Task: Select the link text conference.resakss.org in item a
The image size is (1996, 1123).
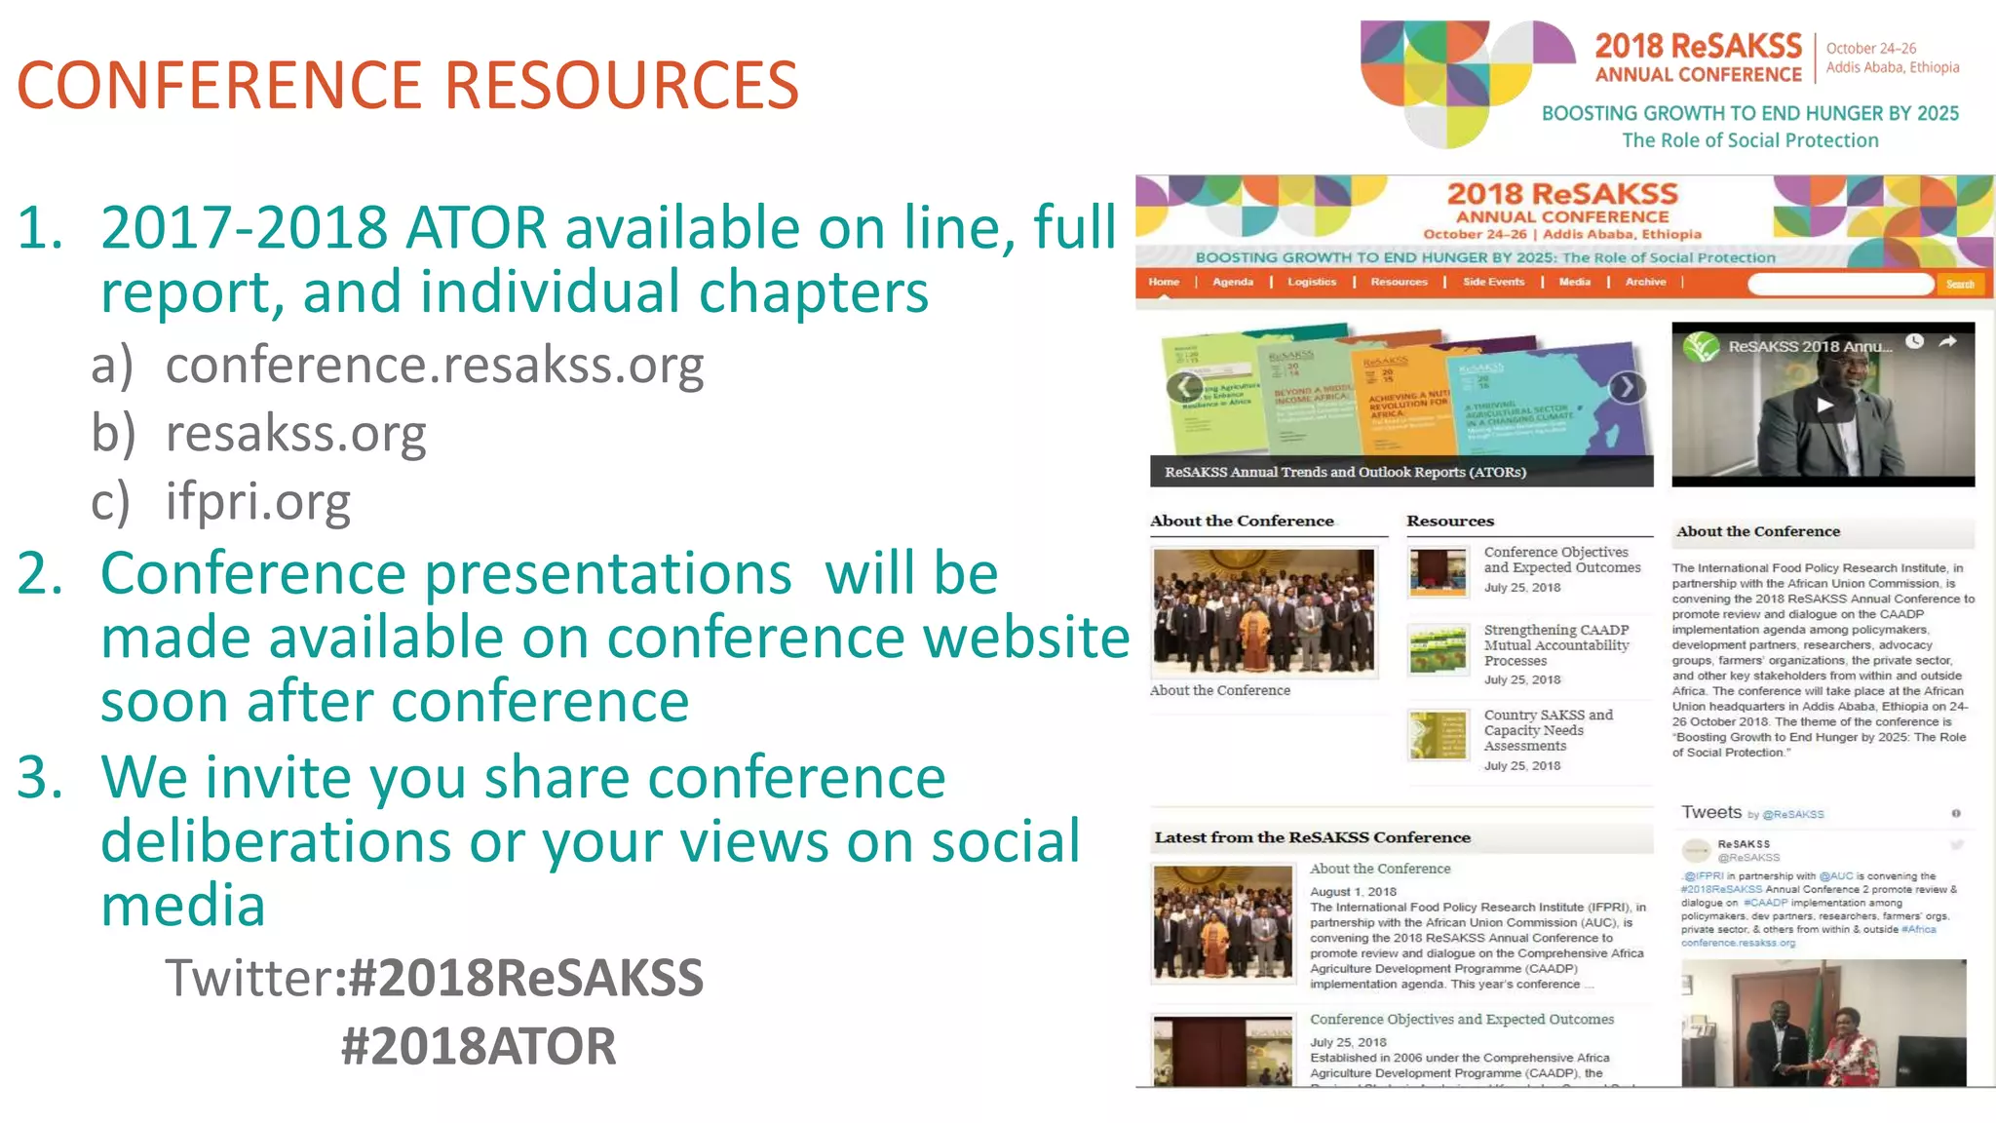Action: click(434, 366)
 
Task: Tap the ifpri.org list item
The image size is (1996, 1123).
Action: click(257, 501)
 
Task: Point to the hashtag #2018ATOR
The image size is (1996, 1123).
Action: click(479, 1047)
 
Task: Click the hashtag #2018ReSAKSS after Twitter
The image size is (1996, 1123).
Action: click(525, 978)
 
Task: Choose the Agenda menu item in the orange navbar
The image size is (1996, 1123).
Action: click(1233, 283)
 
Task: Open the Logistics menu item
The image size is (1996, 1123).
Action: click(1312, 283)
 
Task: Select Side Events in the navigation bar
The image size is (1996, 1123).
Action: click(1493, 283)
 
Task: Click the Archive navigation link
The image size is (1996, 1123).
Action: click(1645, 283)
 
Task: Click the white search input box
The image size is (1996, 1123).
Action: click(1839, 284)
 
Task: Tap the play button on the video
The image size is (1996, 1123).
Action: click(1824, 406)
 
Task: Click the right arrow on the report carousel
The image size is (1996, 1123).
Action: click(1626, 388)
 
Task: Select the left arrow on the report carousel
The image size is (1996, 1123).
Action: click(1183, 388)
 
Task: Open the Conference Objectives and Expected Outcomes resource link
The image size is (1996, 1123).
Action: click(1561, 560)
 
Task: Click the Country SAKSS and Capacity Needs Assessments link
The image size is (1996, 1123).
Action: click(1548, 730)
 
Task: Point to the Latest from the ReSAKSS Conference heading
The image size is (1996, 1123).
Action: click(1312, 837)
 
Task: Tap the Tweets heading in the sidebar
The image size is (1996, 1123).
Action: click(1710, 812)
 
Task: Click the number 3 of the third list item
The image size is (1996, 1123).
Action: click(40, 778)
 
